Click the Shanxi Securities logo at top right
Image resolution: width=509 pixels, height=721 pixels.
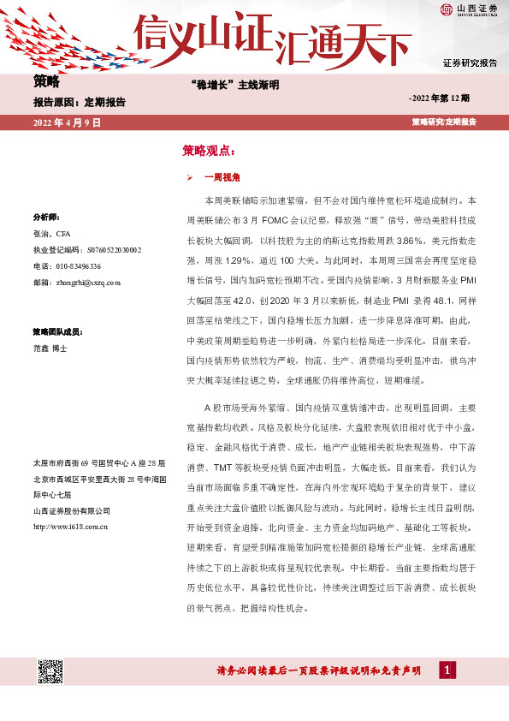tap(468, 11)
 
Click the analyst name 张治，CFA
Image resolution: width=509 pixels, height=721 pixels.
tap(52, 233)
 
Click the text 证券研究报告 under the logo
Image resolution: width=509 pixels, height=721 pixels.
tap(470, 64)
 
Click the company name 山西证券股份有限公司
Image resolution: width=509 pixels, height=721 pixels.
tap(70, 511)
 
